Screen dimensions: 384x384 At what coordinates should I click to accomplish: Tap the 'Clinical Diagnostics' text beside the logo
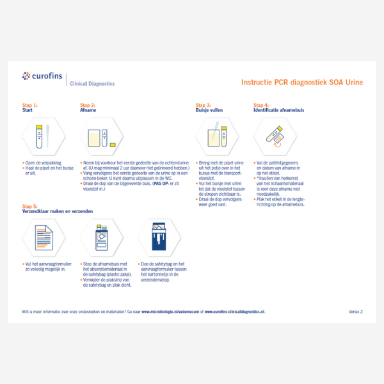[92, 83]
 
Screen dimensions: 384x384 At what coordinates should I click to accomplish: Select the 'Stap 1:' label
[30, 104]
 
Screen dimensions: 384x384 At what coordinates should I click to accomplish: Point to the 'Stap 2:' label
[88, 104]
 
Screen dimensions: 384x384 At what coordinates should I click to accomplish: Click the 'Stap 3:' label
[203, 104]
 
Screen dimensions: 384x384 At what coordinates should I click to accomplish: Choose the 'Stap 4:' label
[261, 104]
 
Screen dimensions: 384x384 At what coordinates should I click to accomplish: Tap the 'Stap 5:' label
[30, 206]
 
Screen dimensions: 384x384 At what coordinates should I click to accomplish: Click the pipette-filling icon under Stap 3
[214, 136]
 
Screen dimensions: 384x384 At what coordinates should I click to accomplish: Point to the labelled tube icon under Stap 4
[271, 136]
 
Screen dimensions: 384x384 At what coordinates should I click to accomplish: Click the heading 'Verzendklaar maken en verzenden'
[58, 211]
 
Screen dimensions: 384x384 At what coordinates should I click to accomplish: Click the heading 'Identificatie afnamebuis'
[278, 109]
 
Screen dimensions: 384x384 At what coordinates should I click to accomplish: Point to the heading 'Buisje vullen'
[209, 109]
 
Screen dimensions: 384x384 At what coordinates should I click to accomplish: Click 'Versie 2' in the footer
[356, 311]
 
